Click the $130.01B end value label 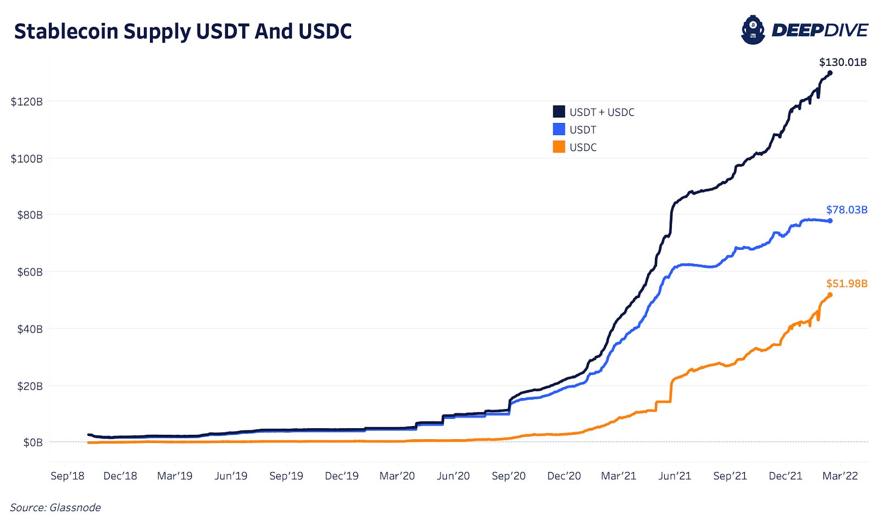coord(843,63)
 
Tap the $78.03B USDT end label coord(847,210)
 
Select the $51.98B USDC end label coord(847,283)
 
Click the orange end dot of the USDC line coord(830,295)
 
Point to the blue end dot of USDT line coord(830,221)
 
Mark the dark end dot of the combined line coord(830,73)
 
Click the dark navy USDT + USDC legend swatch coord(559,112)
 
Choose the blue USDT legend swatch coord(559,130)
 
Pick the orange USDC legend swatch coord(559,147)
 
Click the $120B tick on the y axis coord(27,102)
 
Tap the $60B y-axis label coord(30,272)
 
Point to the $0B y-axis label coord(33,442)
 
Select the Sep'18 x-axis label coord(68,476)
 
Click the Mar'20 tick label coord(397,476)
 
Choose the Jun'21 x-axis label coord(675,476)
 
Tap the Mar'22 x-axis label coord(840,476)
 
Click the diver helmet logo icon coord(753,30)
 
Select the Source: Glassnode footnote coord(55,508)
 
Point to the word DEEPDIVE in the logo coord(820,31)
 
